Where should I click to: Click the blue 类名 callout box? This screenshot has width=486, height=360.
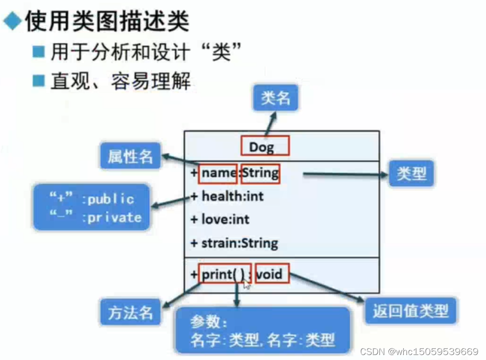(x=275, y=98)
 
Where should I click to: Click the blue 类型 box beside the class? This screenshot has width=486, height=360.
(x=411, y=174)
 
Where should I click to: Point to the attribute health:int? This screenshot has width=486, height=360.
(x=232, y=197)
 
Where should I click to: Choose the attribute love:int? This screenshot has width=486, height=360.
(x=225, y=220)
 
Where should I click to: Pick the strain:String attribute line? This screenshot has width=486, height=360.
(x=239, y=243)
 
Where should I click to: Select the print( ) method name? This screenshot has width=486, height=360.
(x=219, y=274)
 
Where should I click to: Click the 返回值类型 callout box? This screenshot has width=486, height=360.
(x=411, y=311)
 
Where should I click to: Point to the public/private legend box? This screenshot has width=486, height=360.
(x=92, y=208)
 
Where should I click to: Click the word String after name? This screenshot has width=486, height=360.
(x=260, y=173)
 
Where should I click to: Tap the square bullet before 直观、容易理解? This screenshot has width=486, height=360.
(x=38, y=80)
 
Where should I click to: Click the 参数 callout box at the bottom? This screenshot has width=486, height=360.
(x=262, y=331)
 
